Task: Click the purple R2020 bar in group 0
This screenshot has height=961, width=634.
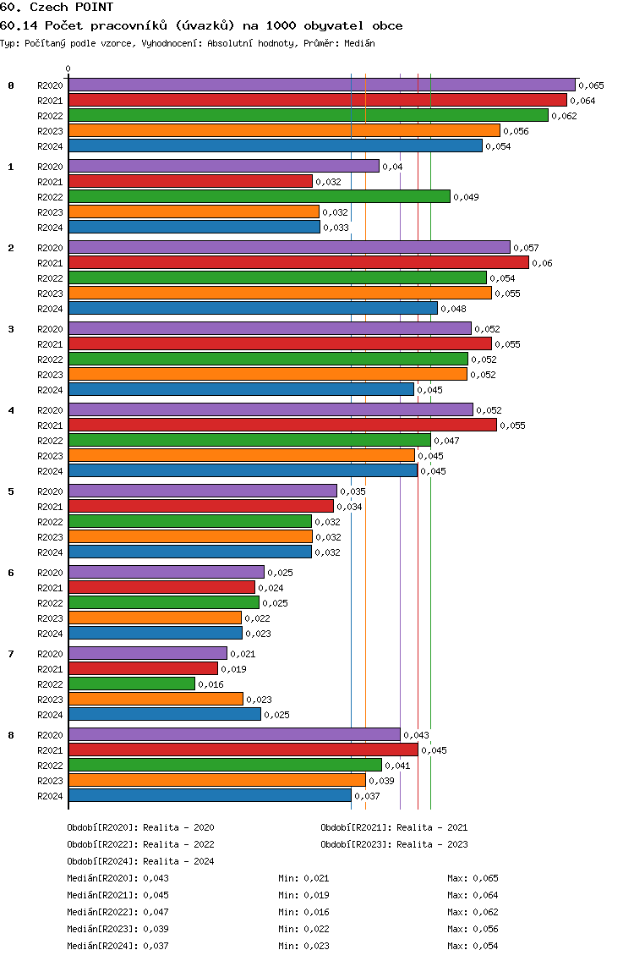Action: click(x=321, y=85)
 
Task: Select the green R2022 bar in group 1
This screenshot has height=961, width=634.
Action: click(x=259, y=196)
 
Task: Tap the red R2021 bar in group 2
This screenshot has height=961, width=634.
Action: click(x=298, y=262)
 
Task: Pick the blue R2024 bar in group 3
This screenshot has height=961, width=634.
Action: click(x=241, y=389)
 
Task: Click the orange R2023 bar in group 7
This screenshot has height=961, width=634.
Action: click(x=156, y=699)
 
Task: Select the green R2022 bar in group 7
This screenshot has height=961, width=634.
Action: click(x=131, y=684)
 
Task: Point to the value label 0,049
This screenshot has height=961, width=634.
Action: click(x=466, y=197)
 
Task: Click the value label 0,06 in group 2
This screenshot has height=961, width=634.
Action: click(x=542, y=263)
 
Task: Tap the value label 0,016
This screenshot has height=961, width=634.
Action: click(x=210, y=684)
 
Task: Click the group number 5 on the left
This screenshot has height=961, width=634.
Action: click(x=11, y=491)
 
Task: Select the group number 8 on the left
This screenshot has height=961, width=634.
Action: click(x=11, y=735)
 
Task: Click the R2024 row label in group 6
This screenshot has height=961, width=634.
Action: click(x=50, y=634)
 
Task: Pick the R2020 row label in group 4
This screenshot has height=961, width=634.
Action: click(x=50, y=410)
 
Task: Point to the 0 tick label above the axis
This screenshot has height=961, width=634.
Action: click(x=68, y=69)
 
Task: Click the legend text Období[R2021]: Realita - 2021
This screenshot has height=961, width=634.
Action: click(x=394, y=827)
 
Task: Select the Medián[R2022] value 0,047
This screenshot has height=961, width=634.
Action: click(x=156, y=912)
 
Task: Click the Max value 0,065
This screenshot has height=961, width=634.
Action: click(x=485, y=878)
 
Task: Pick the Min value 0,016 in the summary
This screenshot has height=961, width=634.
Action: click(x=316, y=912)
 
